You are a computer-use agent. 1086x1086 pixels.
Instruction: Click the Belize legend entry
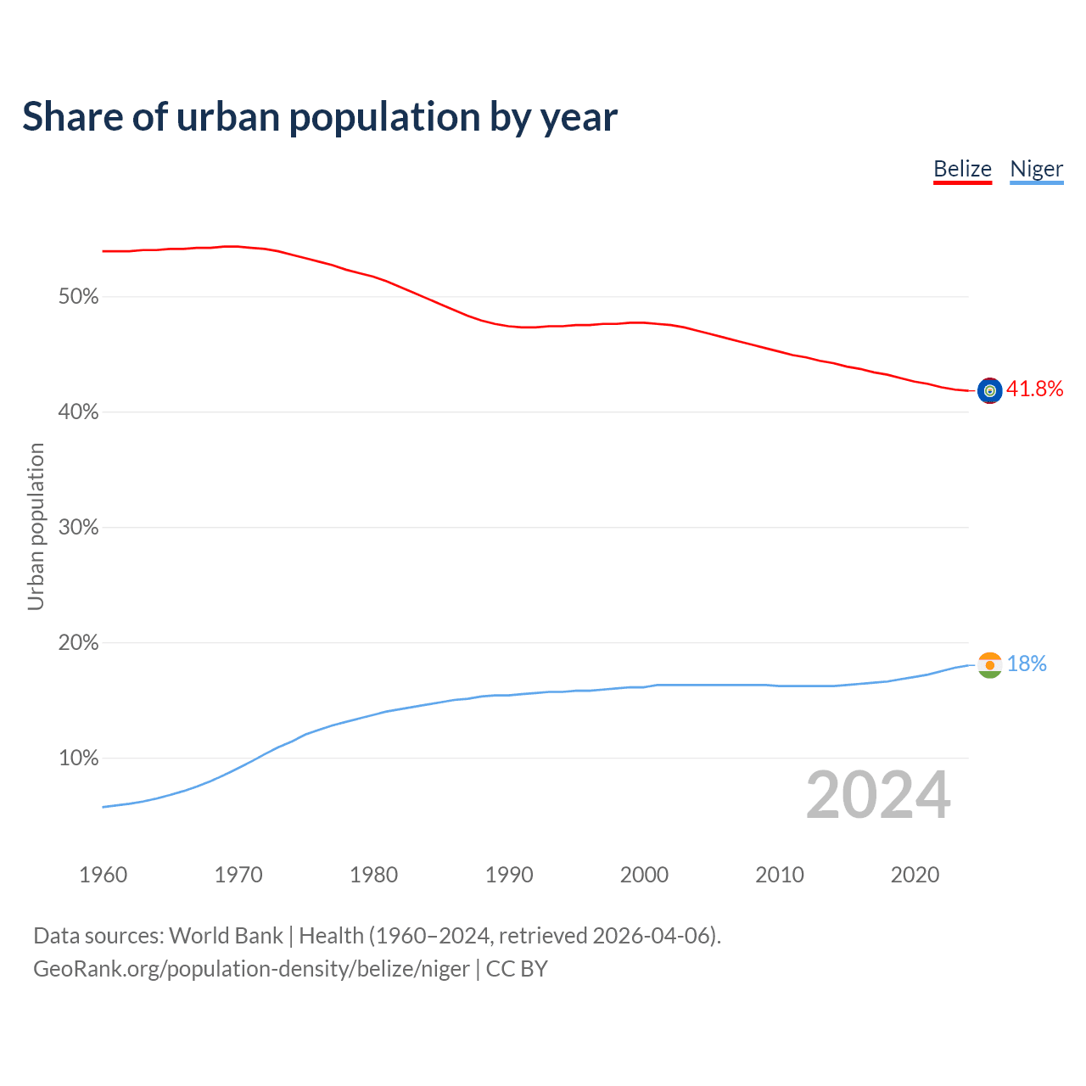pos(962,169)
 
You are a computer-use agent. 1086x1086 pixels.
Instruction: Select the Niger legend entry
pos(1036,169)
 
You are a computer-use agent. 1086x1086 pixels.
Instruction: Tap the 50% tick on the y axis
pos(78,297)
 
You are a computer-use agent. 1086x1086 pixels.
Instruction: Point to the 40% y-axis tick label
pos(78,412)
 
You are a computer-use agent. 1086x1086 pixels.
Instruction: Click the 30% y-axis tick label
pos(78,528)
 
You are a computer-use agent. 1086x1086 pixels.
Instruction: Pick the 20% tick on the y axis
pos(78,643)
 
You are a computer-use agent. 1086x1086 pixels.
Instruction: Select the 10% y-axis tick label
pos(78,759)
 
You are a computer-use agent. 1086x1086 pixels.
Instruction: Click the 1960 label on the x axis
pos(103,875)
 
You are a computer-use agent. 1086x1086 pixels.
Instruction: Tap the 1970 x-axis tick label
pos(238,875)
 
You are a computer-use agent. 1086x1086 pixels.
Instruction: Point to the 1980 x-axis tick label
pos(373,875)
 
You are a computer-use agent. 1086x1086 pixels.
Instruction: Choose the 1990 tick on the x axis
pos(509,875)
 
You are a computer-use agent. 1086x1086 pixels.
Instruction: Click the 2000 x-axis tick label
pos(644,875)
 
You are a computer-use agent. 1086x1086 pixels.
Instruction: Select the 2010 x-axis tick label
pos(780,875)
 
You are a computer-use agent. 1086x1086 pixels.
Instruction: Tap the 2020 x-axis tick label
pos(915,875)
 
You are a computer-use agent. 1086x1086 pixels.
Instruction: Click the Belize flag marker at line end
pos(989,390)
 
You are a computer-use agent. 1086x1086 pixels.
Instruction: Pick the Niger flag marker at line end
pos(989,665)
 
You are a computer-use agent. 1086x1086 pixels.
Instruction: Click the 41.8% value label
pos(1034,389)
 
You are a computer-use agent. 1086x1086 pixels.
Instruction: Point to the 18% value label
pos(1027,664)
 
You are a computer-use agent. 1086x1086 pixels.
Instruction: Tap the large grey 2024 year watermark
pos(878,795)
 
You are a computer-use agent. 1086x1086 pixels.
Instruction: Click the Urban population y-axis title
pos(36,526)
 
